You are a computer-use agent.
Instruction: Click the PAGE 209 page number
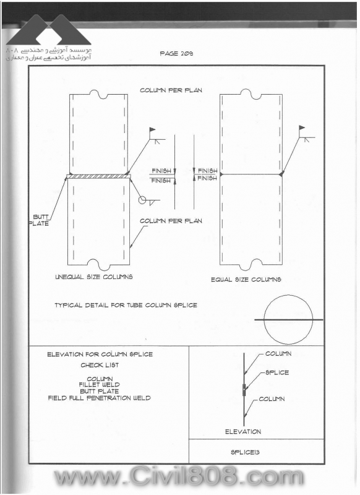[176, 54]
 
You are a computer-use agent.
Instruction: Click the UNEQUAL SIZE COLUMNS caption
[93, 277]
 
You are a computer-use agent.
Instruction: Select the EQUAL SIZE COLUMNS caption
[246, 280]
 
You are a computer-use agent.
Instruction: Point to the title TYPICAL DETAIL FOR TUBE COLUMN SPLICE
[126, 305]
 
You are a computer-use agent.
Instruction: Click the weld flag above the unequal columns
[152, 129]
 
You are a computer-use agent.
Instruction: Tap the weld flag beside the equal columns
[302, 127]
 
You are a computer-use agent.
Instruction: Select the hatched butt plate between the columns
[98, 176]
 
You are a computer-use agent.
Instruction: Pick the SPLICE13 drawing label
[245, 452]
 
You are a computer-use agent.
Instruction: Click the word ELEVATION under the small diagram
[243, 431]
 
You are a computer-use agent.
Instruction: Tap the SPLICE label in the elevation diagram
[277, 372]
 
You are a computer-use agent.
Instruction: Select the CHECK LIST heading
[100, 365]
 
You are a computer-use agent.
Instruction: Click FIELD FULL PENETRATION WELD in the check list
[100, 398]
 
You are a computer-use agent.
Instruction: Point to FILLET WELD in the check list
[100, 385]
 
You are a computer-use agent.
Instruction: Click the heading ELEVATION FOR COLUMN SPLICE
[100, 355]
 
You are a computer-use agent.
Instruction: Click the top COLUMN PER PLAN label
[171, 90]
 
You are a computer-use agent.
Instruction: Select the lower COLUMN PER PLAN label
[171, 221]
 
